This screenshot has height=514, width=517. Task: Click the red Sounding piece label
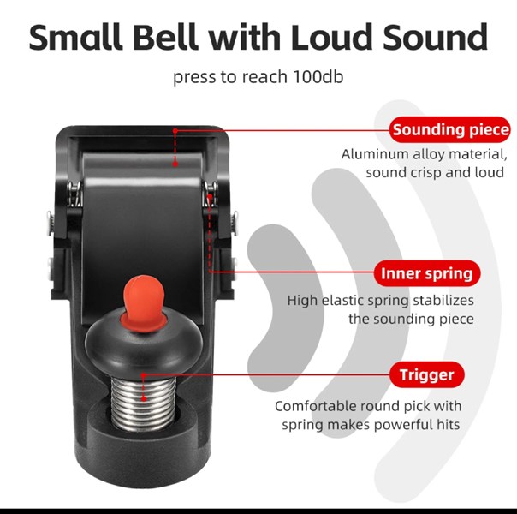click(449, 129)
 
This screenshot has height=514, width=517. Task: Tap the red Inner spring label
click(427, 273)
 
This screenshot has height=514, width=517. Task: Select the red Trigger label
click(426, 374)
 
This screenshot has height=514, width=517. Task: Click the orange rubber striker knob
click(144, 302)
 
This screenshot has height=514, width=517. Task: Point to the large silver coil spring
click(143, 403)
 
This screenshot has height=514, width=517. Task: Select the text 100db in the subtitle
click(318, 76)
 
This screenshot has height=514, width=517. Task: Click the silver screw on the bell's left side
click(51, 222)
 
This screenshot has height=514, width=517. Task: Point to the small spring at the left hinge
click(74, 194)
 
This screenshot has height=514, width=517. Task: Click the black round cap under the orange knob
click(144, 344)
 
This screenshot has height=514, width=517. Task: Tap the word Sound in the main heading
click(435, 37)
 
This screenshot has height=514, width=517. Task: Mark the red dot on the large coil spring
click(144, 399)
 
